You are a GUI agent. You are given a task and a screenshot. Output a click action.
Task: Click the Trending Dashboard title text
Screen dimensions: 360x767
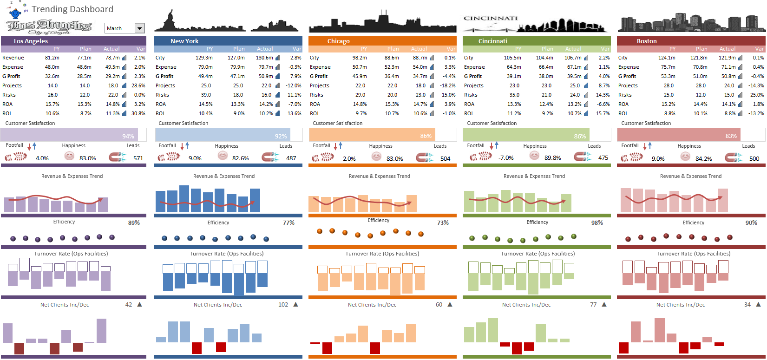tap(72, 9)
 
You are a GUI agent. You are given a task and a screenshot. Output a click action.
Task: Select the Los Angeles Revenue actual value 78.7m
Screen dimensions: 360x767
tap(112, 58)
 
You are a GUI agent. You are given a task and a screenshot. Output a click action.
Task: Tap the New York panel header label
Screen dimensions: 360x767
tap(184, 41)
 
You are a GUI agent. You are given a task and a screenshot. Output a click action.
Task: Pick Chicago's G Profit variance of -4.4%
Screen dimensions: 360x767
tap(449, 76)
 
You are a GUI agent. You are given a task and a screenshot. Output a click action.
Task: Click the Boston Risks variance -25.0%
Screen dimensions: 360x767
tap(756, 95)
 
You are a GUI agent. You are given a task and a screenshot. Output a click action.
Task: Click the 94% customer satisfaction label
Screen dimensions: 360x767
tap(128, 136)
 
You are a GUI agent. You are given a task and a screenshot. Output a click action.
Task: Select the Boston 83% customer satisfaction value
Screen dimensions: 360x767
tap(731, 136)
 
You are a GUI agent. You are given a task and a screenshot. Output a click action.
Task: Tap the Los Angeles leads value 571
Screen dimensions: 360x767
tap(138, 158)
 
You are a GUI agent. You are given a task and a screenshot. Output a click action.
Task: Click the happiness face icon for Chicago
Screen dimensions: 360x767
tap(377, 157)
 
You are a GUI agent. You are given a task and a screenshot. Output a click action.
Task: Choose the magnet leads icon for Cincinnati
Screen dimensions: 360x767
tap(582, 157)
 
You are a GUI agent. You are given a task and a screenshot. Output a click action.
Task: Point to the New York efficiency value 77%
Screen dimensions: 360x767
tap(288, 223)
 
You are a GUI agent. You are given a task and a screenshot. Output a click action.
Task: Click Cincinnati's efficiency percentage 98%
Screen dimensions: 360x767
tap(597, 223)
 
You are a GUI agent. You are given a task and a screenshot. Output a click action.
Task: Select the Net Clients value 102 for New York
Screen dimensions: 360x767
tap(283, 305)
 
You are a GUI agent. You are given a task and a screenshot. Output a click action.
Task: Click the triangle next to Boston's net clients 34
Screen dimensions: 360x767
tap(758, 305)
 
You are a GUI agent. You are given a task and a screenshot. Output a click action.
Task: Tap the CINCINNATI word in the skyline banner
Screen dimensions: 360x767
tap(491, 19)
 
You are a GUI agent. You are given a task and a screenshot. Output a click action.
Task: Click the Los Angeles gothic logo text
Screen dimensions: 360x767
tap(49, 26)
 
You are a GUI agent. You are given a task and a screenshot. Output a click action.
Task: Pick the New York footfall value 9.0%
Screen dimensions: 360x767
tap(195, 158)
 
